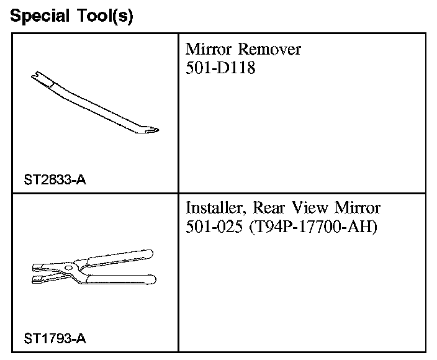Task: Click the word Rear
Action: pos(268,207)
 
